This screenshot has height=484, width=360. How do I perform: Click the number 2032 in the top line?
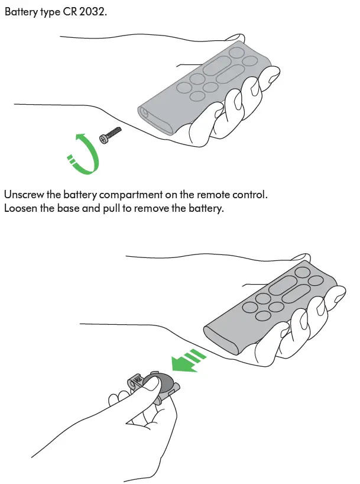point(92,12)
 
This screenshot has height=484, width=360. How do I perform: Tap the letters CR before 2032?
point(70,12)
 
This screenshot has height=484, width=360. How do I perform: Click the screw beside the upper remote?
point(111,135)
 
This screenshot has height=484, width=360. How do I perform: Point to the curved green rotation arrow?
point(85,154)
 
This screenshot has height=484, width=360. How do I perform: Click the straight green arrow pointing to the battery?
point(189,360)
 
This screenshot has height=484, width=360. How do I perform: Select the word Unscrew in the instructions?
point(24,195)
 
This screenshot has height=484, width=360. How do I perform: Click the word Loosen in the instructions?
point(21,208)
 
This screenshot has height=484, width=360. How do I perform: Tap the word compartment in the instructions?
point(131,195)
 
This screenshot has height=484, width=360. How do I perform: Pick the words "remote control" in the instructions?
point(231,195)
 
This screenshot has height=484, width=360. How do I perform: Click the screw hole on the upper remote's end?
point(144,112)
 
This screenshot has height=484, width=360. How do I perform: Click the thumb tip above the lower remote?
point(301,257)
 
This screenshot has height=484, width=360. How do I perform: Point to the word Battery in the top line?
point(21,12)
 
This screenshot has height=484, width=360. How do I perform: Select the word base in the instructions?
point(68,208)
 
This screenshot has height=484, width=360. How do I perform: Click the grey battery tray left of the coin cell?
point(137,381)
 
